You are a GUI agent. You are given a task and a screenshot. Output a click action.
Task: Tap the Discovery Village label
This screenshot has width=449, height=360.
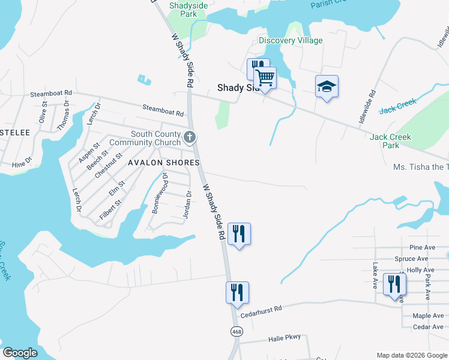click(291, 40)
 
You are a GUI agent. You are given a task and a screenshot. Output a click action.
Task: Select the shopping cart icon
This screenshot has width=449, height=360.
click(265, 78)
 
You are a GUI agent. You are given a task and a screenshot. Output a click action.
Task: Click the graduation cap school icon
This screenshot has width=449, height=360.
click(327, 87)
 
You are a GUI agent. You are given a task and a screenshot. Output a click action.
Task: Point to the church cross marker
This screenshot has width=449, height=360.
click(190, 137)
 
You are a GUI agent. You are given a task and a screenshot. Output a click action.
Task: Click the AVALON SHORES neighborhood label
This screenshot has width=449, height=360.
click(163, 163)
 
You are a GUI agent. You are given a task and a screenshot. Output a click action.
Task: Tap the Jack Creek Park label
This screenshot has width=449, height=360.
click(391, 141)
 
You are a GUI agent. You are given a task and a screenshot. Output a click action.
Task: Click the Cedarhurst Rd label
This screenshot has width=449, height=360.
click(261, 310)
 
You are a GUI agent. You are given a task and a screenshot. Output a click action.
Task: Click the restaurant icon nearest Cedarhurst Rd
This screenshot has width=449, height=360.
click(237, 293)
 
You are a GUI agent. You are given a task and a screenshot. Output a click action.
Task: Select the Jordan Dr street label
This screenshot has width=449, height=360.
click(187, 205)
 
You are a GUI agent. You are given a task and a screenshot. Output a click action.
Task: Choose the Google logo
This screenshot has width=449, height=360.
click(20, 353)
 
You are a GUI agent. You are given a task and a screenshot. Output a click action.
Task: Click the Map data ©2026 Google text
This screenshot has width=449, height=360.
click(411, 355)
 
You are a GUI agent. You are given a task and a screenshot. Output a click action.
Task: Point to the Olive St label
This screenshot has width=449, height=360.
click(43, 112)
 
